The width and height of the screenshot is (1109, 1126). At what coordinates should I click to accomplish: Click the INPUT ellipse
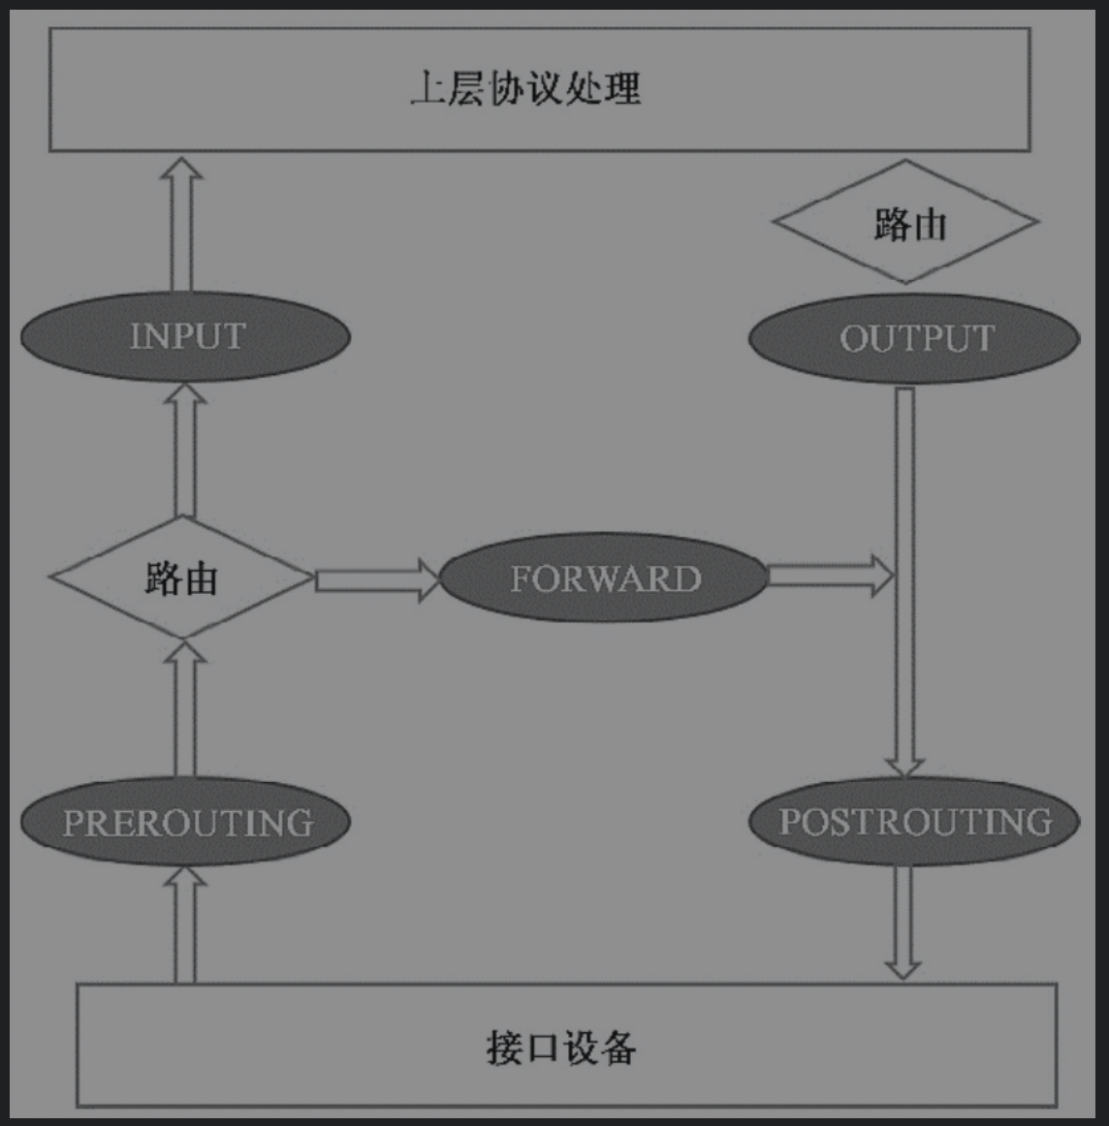[185, 336]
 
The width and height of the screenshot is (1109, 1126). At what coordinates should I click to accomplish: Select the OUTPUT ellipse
[914, 338]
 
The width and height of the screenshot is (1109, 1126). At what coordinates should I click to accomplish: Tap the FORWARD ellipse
[604, 579]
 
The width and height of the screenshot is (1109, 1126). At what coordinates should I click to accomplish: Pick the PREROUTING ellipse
[185, 823]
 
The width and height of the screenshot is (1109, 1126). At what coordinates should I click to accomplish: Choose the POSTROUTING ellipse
[914, 822]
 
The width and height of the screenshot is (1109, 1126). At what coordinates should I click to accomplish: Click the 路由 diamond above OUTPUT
[905, 222]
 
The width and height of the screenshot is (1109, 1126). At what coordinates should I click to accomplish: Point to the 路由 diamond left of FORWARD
[181, 578]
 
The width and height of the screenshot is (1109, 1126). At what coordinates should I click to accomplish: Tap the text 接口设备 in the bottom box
[560, 1048]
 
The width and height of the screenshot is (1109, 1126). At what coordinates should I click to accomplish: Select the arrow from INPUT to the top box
[181, 225]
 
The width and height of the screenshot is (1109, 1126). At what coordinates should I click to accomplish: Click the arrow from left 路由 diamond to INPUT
[184, 451]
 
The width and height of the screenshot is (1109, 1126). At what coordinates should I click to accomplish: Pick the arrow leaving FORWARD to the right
[829, 577]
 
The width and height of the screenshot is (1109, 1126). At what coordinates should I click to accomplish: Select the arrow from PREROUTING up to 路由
[184, 709]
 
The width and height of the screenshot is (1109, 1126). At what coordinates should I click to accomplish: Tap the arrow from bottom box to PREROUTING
[184, 925]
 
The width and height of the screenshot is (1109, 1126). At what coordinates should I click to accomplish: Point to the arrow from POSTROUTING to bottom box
[903, 921]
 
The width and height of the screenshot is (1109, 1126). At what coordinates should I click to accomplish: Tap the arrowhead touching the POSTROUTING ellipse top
[904, 766]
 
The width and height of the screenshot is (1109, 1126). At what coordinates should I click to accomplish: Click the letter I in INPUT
[136, 336]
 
